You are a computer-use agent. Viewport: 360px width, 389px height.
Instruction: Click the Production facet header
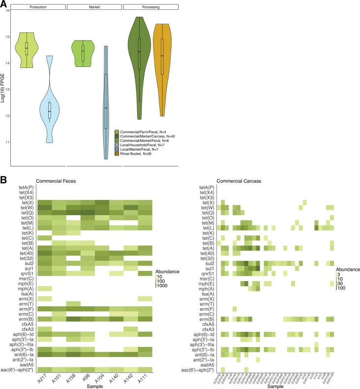coord(38,7)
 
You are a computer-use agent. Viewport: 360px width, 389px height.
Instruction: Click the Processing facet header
coord(150,7)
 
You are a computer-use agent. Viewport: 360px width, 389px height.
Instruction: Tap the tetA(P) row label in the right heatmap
coord(207,188)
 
